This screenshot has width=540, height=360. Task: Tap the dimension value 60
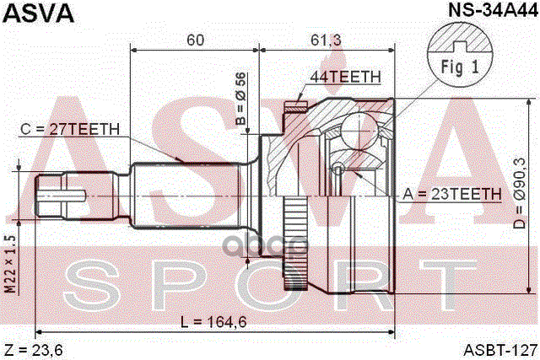pos(196,40)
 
